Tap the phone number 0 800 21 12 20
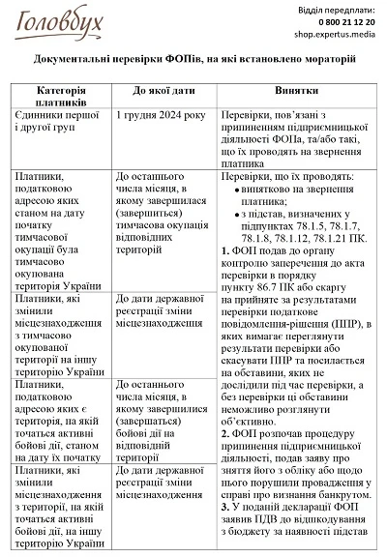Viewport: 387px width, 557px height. coord(338,21)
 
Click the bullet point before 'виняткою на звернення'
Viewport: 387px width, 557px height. coord(238,191)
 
